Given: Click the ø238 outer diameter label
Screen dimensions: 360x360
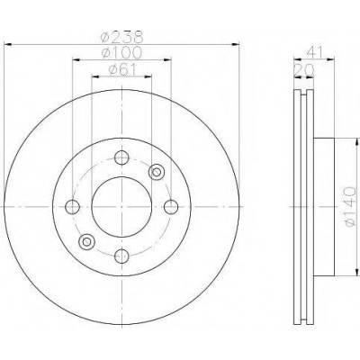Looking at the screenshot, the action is (x=121, y=37).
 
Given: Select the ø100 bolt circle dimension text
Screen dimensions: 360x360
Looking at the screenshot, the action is (x=121, y=53).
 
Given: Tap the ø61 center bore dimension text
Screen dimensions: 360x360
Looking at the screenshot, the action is (x=122, y=70).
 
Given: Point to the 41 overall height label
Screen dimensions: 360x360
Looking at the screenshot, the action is (x=314, y=53).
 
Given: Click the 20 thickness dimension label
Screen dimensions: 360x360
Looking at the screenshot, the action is (x=304, y=70).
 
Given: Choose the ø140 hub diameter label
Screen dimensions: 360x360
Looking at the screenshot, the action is (x=350, y=206).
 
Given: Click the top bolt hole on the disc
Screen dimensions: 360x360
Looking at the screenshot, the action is (x=121, y=157).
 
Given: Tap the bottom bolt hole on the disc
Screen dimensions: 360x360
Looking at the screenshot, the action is (x=121, y=256).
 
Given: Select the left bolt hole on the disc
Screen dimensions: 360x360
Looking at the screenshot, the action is (x=72, y=207).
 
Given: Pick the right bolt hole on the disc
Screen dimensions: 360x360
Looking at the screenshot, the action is (x=171, y=207).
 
